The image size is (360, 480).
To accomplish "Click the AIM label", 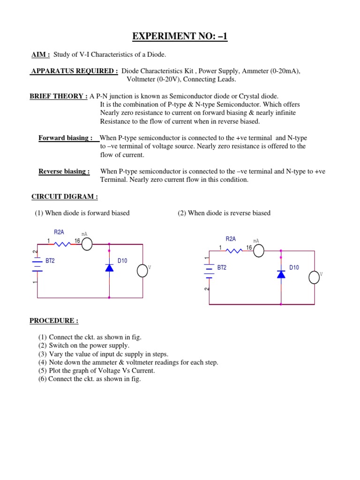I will point(40,55).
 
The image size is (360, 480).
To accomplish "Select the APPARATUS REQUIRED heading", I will point(74,71).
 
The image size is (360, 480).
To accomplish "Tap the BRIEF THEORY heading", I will point(59,96).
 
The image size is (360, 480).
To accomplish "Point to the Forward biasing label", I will point(65,138).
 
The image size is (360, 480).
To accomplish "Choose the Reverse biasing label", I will point(64,172).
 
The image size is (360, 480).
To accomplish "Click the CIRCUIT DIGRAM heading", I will point(64,196).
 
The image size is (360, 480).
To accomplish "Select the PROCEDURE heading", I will point(54,321).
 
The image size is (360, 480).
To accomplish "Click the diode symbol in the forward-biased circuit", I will point(109,268).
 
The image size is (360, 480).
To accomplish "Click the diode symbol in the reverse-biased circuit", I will point(281,274).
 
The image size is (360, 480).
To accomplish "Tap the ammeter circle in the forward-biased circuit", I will point(87,242).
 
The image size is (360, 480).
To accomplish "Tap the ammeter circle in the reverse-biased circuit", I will point(259,251).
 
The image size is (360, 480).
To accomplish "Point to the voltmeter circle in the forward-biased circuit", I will point(142,270).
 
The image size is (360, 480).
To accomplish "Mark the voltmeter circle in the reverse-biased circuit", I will point(315,277).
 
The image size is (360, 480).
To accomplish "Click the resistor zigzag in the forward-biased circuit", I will point(61,243).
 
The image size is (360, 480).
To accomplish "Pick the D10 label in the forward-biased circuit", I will point(122,261).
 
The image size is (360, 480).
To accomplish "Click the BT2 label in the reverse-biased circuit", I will point(222,268).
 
